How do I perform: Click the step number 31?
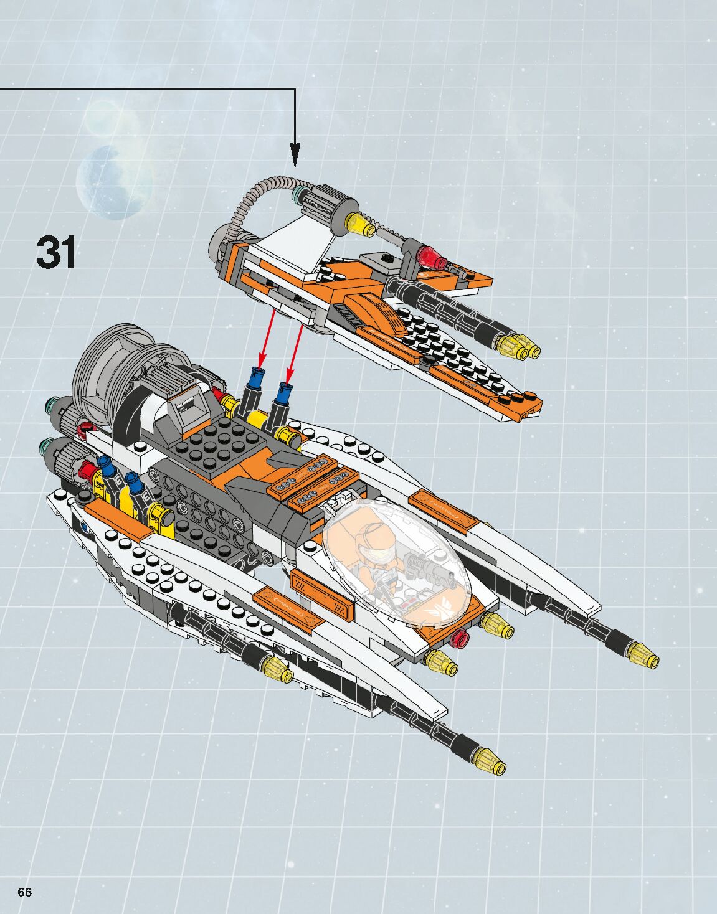(56, 252)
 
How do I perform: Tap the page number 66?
(24, 892)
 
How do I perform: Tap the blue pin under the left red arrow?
(256, 376)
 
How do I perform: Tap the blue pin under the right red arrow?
(285, 392)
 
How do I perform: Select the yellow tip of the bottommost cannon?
(491, 760)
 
